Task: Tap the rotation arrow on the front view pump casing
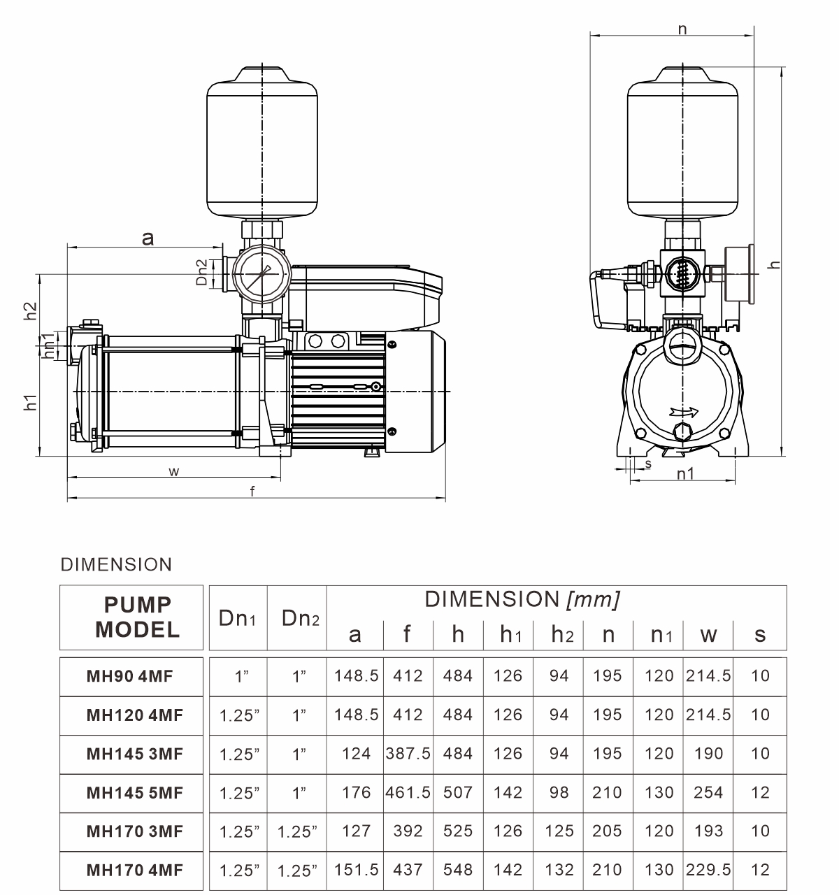[684, 411]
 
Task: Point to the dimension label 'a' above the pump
[148, 238]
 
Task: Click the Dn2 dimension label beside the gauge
[202, 272]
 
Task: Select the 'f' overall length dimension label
[252, 491]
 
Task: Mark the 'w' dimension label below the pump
[174, 472]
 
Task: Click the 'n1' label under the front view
[685, 473]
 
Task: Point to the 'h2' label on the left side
[30, 311]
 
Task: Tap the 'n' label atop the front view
[682, 30]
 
